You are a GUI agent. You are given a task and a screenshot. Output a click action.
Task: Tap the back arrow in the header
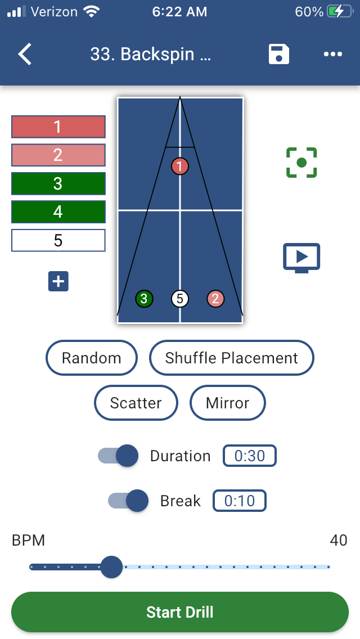click(25, 55)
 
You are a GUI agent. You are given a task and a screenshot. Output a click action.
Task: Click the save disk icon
click(278, 55)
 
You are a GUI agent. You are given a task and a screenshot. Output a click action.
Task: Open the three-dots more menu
click(333, 55)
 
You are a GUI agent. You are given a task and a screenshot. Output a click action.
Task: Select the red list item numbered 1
click(58, 127)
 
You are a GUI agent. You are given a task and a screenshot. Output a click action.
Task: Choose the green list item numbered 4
click(58, 212)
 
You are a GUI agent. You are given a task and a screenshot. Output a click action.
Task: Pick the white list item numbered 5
click(58, 241)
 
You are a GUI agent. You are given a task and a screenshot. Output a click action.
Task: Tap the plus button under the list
click(58, 281)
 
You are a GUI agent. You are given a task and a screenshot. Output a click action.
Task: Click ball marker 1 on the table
click(180, 166)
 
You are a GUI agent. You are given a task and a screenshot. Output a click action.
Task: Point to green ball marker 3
click(144, 299)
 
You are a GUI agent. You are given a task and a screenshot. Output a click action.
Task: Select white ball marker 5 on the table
click(180, 299)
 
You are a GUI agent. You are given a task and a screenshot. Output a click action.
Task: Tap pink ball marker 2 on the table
click(215, 299)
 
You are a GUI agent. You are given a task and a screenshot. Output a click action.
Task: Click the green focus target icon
click(301, 163)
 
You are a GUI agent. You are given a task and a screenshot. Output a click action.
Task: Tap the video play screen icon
click(301, 258)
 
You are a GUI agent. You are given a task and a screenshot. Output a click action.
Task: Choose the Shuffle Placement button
click(231, 358)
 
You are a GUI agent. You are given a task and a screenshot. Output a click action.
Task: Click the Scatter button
click(136, 403)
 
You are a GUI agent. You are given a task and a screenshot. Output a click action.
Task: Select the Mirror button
click(227, 403)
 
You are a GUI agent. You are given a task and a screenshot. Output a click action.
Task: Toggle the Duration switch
click(118, 456)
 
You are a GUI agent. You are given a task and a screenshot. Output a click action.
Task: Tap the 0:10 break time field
click(240, 501)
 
